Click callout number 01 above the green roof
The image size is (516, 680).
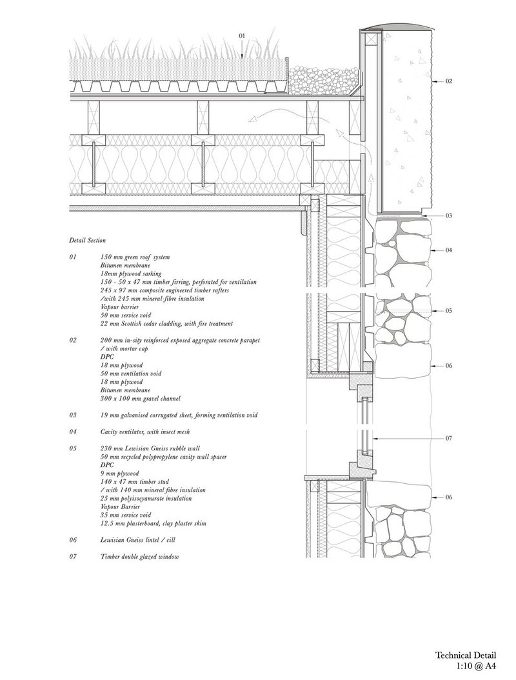pyautogui.click(x=242, y=35)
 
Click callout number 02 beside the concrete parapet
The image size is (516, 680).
pyautogui.click(x=449, y=81)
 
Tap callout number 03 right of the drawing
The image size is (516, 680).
pyautogui.click(x=449, y=215)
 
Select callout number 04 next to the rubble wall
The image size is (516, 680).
pyautogui.click(x=449, y=250)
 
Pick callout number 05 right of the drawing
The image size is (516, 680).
pyautogui.click(x=449, y=310)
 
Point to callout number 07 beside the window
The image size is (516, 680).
pyautogui.click(x=449, y=439)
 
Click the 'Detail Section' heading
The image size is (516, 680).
pyautogui.click(x=87, y=240)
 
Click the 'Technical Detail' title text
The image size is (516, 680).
pyautogui.click(x=466, y=655)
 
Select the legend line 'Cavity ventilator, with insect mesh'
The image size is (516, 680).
pyautogui.click(x=145, y=432)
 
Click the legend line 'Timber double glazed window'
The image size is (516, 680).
pyautogui.click(x=139, y=557)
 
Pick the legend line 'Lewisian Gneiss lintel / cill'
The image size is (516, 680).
pyautogui.click(x=137, y=541)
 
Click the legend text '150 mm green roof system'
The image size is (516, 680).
pyautogui.click(x=135, y=257)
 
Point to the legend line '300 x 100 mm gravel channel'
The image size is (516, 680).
pyautogui.click(x=140, y=399)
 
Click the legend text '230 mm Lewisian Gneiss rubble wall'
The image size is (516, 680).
pyautogui.click(x=150, y=448)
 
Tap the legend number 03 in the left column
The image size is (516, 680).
pyautogui.click(x=72, y=415)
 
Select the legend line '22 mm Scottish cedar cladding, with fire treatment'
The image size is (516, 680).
pyautogui.click(x=166, y=323)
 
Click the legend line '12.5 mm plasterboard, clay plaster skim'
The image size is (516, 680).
pyautogui.click(x=153, y=523)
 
